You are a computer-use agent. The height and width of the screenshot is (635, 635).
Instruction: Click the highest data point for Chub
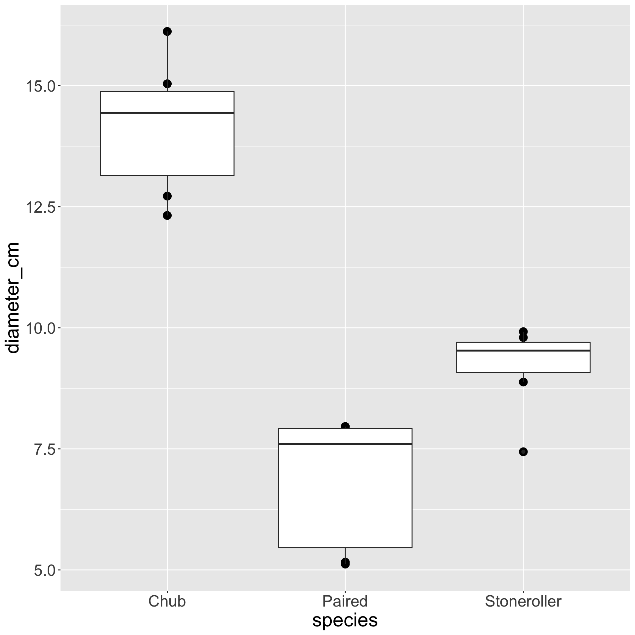click(167, 31)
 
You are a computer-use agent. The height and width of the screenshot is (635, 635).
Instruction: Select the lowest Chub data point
click(167, 216)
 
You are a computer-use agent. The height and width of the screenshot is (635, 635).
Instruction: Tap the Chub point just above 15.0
click(167, 84)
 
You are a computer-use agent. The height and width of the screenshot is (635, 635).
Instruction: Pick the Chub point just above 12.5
click(167, 196)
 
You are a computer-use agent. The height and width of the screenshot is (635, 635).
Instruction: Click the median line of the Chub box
click(167, 113)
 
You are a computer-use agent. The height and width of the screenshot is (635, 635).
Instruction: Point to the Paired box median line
click(345, 444)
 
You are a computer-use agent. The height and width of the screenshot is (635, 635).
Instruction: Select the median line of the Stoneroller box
click(523, 350)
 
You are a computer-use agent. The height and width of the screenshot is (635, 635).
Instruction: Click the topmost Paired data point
click(345, 426)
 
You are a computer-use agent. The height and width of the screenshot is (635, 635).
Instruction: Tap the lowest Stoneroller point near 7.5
click(523, 452)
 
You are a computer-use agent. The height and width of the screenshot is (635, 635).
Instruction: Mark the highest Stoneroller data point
click(523, 331)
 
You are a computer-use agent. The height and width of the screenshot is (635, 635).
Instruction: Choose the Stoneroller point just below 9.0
click(523, 382)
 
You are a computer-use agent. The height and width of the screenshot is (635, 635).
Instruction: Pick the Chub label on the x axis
click(167, 601)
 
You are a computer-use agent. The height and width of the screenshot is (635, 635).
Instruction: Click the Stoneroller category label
click(523, 601)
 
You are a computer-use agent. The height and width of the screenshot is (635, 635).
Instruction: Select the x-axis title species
click(345, 620)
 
